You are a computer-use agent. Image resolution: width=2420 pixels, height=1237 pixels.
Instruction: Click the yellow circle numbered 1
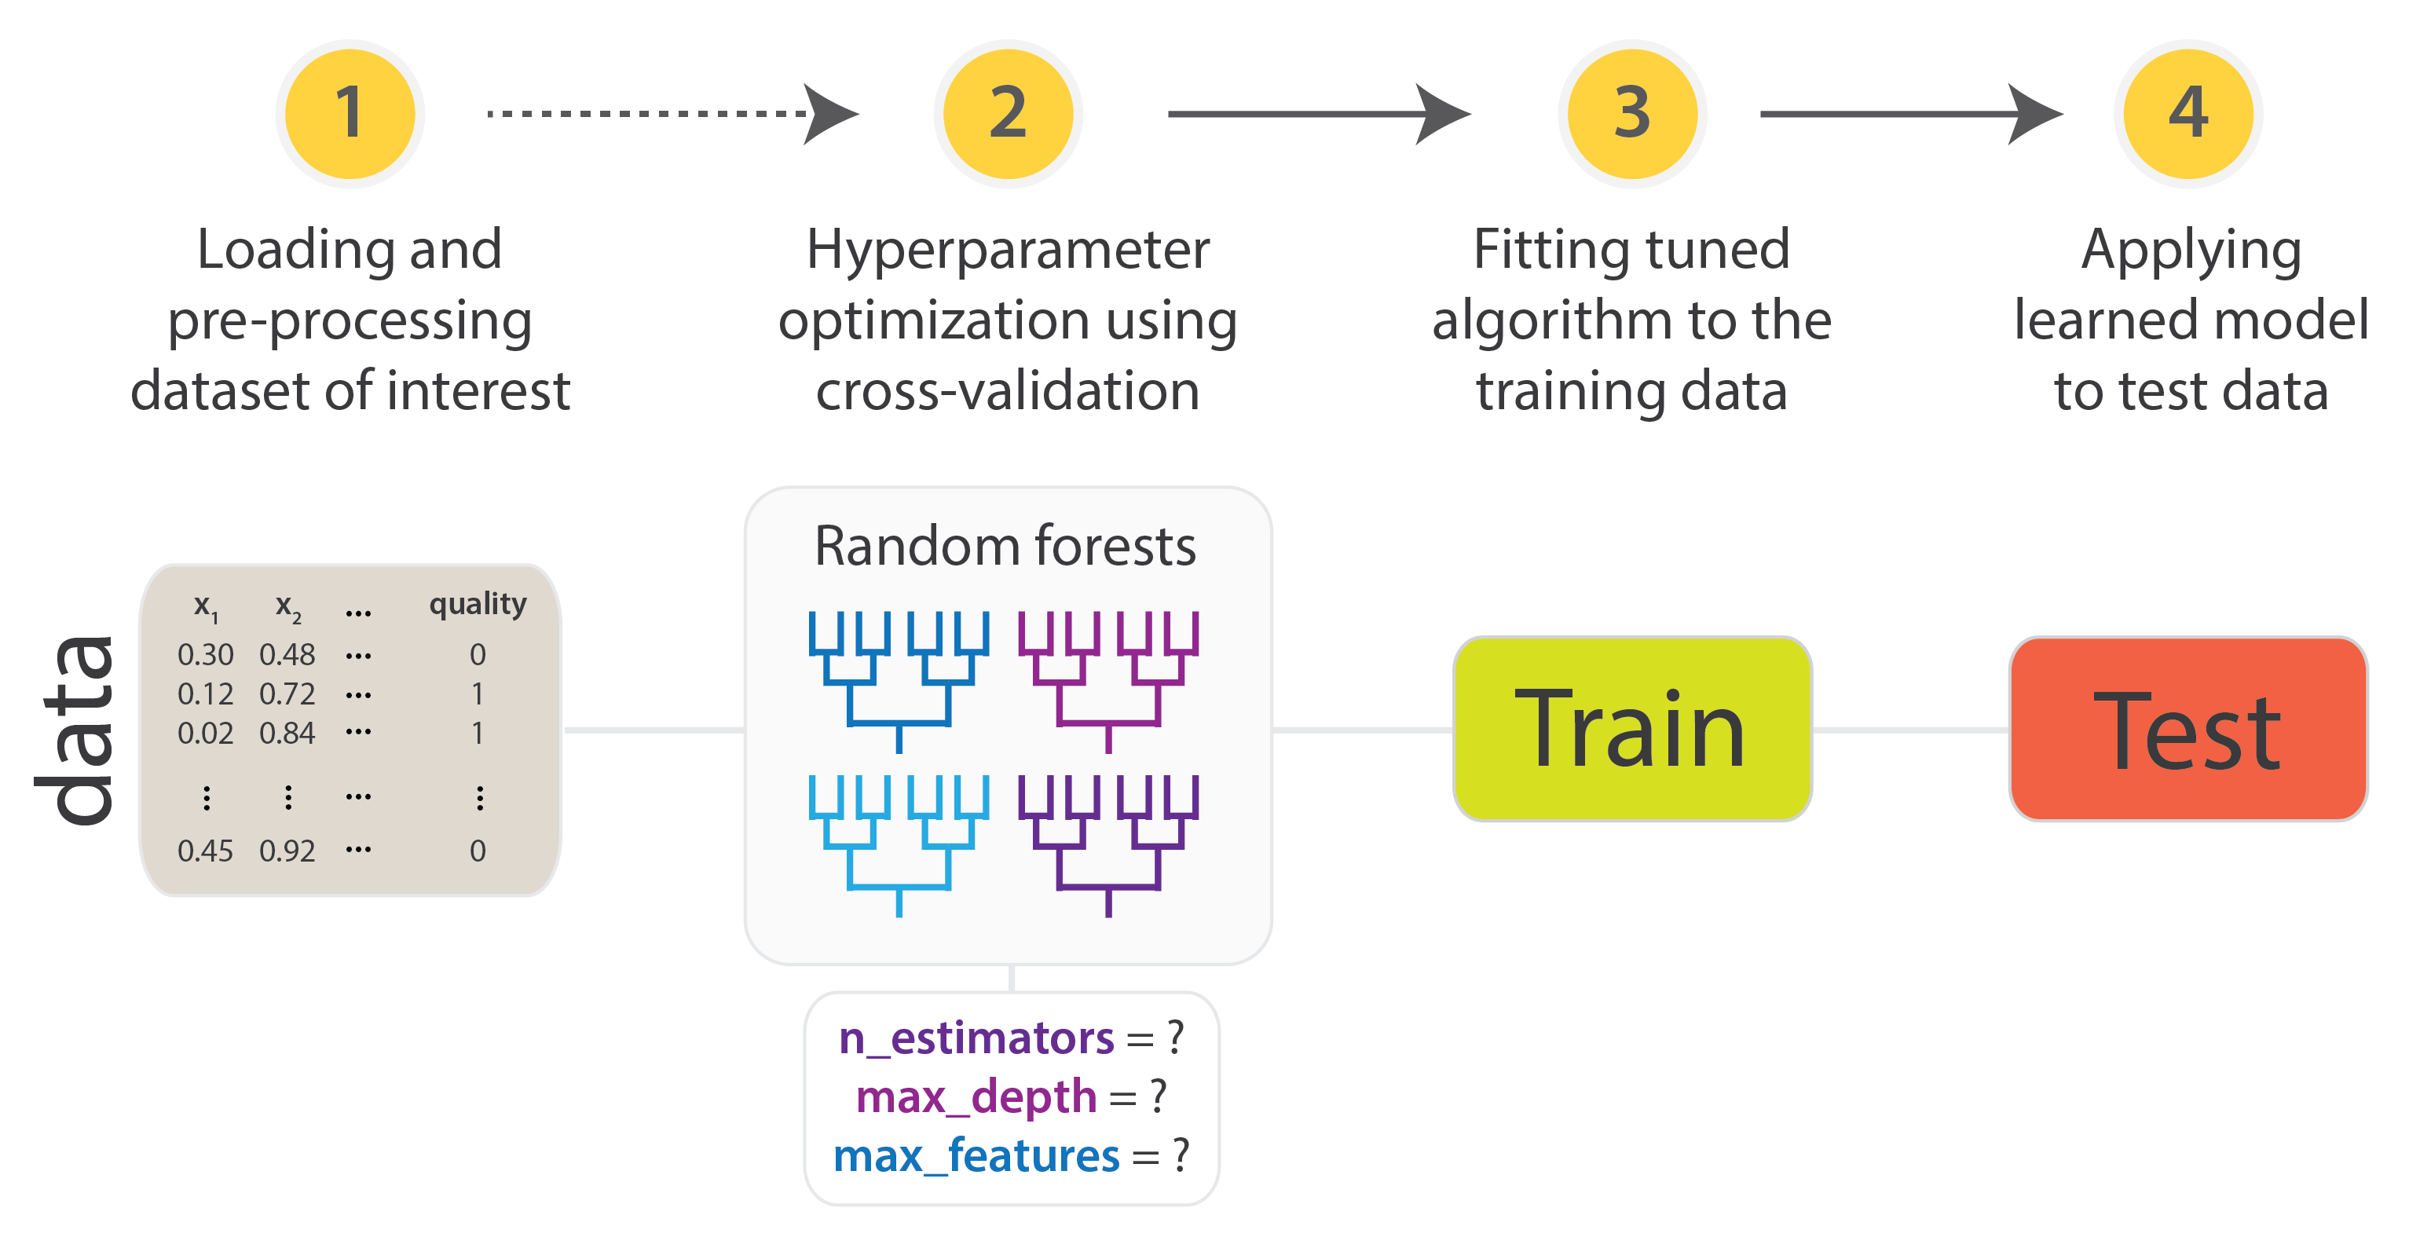point(350,114)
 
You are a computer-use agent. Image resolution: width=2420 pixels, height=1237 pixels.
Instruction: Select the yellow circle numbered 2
point(1007,114)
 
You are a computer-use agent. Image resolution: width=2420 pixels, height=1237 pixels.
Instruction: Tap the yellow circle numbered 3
point(1632,114)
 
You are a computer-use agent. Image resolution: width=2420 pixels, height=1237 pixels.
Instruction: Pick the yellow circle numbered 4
point(2188,114)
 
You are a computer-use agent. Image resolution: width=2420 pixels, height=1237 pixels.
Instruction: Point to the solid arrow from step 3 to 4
point(1907,114)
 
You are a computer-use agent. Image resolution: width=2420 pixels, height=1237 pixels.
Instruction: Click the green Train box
point(1632,729)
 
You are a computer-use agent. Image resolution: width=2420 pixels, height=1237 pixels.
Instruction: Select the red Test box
point(2188,729)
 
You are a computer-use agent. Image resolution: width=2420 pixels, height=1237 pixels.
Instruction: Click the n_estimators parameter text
point(977,1038)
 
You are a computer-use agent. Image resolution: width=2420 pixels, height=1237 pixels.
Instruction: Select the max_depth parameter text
point(977,1096)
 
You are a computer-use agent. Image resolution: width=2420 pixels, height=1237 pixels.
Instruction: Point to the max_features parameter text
point(977,1155)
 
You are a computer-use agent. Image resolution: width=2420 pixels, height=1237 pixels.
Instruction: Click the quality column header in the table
point(478,604)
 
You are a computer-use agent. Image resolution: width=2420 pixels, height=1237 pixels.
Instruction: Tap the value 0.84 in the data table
point(287,733)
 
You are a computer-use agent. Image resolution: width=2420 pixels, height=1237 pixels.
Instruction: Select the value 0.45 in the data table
point(205,851)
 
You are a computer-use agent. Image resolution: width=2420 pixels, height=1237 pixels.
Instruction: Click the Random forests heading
point(1005,546)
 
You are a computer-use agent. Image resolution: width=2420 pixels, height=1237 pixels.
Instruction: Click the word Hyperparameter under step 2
point(1007,250)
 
